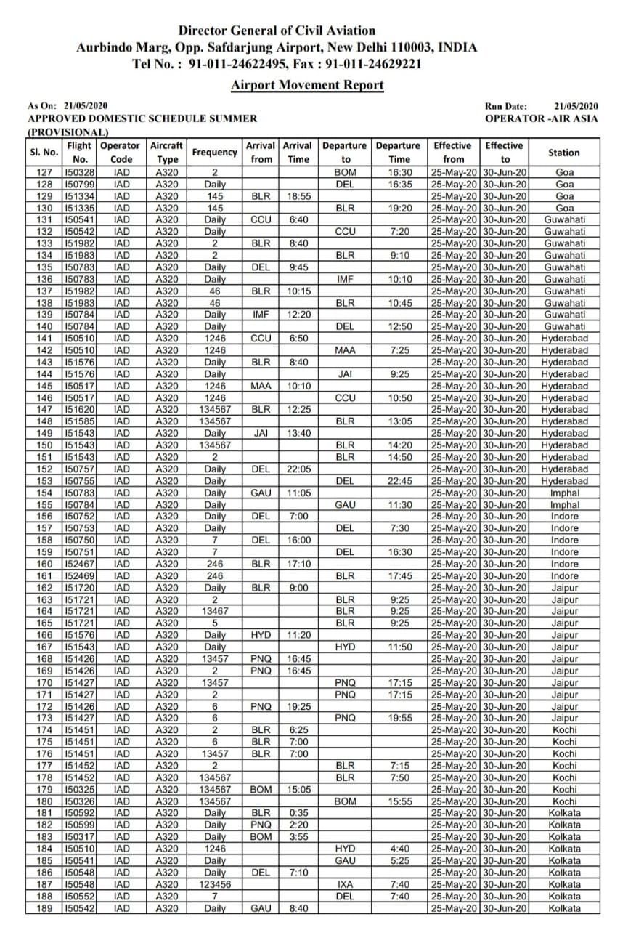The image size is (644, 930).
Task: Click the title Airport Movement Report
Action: pos(307,85)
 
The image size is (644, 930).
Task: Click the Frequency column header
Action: pos(215,153)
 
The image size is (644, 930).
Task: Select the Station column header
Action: pos(564,153)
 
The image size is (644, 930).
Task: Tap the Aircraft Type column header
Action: pos(167,153)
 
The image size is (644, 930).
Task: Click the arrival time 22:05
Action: pos(298,469)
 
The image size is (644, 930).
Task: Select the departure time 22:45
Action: pos(399,481)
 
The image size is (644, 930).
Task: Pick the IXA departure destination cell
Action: pos(345,884)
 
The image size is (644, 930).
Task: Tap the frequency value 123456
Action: pos(215,884)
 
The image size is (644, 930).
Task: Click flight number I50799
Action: pos(80,185)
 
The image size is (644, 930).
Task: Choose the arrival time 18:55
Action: pos(298,196)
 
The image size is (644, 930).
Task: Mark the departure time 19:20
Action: pos(399,208)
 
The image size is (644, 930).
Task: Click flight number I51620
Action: pos(80,410)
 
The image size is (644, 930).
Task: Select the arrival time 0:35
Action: pos(298,813)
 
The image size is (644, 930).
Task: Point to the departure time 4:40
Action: pos(399,849)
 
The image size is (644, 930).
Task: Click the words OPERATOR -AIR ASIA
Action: pos(542,118)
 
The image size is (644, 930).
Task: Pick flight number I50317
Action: pos(80,837)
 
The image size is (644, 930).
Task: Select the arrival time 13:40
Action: pos(298,433)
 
